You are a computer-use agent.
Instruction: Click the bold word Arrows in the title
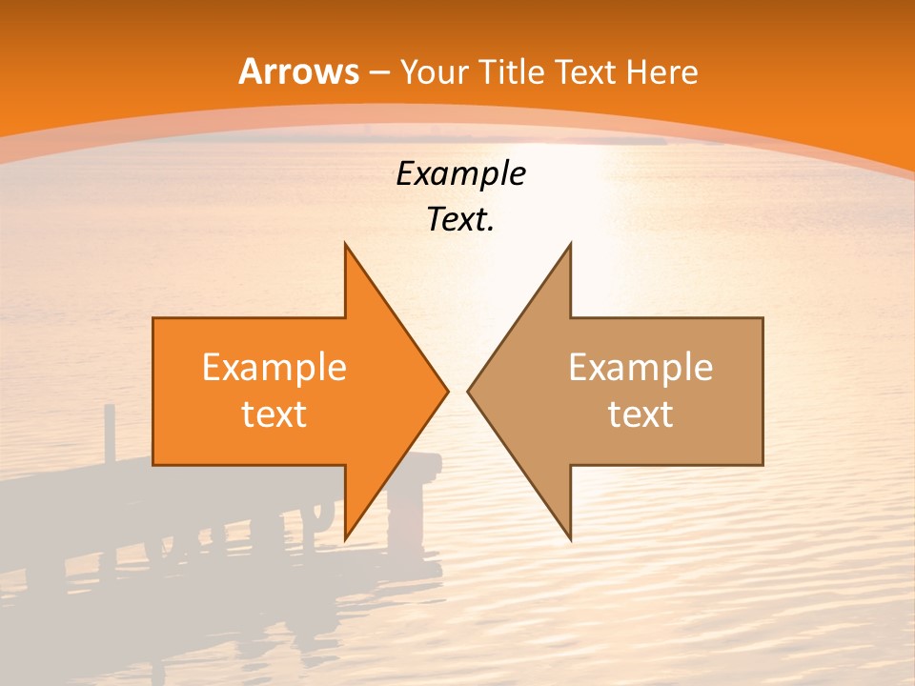[x=298, y=71]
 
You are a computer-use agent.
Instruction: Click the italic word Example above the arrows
[x=460, y=173]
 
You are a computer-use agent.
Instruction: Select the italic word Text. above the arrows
[x=460, y=220]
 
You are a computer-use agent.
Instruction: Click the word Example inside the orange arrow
[x=274, y=368]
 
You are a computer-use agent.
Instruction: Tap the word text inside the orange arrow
[x=274, y=414]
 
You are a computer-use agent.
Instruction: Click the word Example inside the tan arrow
[x=640, y=368]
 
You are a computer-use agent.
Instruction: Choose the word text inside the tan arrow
[x=640, y=414]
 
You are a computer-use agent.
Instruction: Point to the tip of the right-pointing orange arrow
[x=447, y=391]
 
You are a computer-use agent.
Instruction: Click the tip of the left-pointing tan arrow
[x=469, y=391]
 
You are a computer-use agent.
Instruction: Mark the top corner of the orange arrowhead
[x=345, y=245]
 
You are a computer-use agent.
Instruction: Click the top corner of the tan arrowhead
[x=570, y=245]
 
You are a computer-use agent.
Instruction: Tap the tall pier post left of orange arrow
[x=110, y=434]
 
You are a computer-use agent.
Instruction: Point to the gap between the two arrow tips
[x=457, y=391]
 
